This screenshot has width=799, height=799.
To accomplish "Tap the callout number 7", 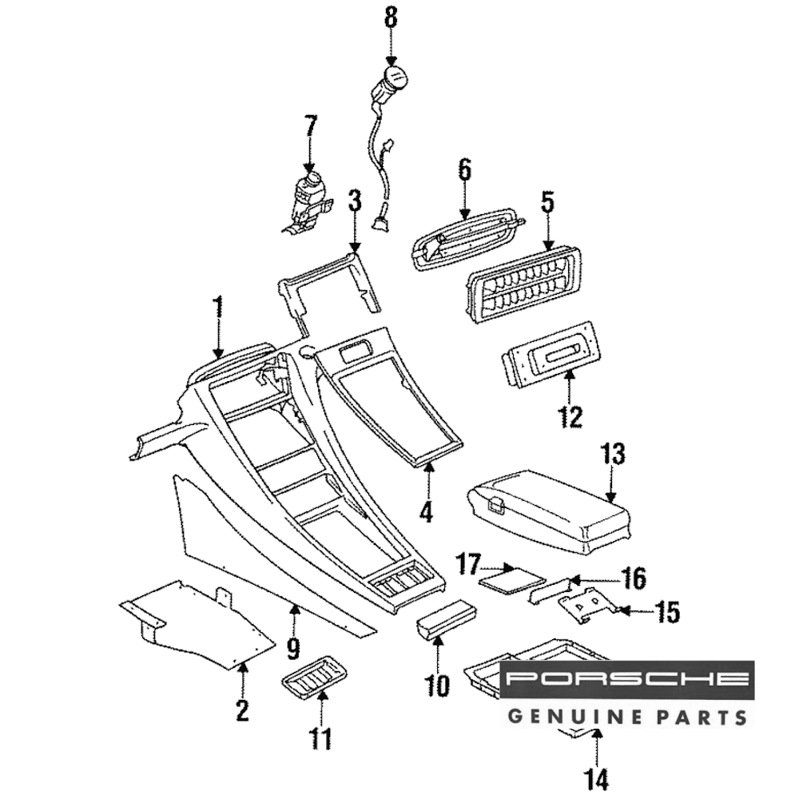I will click(x=310, y=126).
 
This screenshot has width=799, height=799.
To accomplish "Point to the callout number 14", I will click(x=597, y=777).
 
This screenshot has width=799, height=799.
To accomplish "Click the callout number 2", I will click(x=242, y=710).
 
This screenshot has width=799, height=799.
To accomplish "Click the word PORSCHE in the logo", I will click(x=628, y=680).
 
